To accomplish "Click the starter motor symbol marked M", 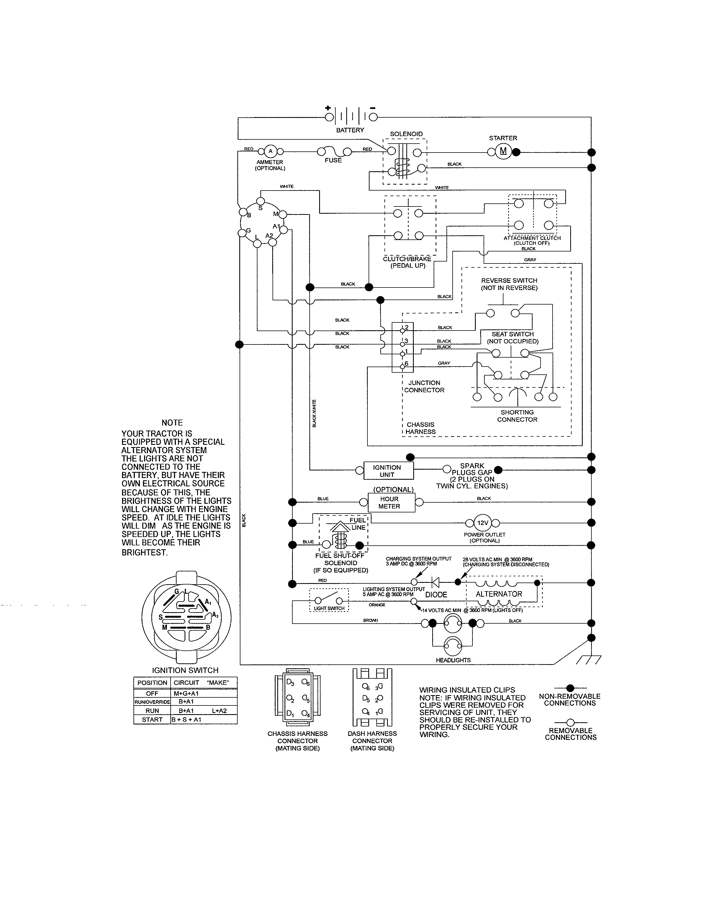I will (x=503, y=151).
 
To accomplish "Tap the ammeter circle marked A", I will (x=270, y=151).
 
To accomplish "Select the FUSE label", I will (x=333, y=160).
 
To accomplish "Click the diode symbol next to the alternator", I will (x=436, y=583).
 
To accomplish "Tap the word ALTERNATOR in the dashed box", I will (x=499, y=594).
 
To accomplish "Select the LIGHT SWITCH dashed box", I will (x=329, y=600).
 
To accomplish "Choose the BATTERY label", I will (x=350, y=130).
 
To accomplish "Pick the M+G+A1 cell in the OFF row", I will (x=186, y=693).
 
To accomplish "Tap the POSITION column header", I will (x=152, y=683).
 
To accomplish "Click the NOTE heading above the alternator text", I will (x=172, y=422).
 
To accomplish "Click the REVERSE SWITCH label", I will (x=509, y=280).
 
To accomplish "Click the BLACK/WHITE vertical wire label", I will (x=314, y=413).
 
